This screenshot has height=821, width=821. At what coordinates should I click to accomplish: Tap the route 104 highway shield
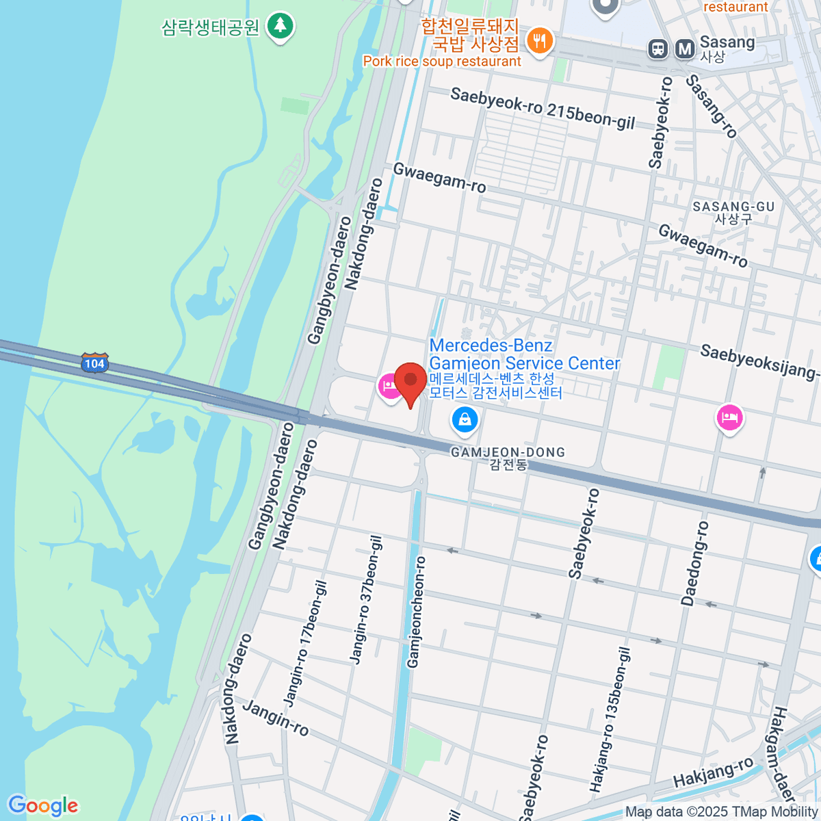point(94,363)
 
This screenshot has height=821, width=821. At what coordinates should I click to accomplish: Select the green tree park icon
point(280,26)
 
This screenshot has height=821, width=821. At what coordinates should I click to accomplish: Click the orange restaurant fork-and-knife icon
point(540,40)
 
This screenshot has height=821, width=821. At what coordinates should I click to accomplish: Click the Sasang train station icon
point(658,49)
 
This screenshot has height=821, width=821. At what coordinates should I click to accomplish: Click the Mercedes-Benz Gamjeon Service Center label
point(524,354)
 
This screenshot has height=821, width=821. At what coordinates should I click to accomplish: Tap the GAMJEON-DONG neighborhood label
point(508,452)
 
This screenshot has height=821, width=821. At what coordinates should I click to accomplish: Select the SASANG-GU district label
point(733,207)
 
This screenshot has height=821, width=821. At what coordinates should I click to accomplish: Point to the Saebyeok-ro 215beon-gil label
point(543,108)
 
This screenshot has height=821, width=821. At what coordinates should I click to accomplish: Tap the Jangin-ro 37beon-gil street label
point(366,599)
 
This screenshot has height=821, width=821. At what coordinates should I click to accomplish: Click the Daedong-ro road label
point(694,563)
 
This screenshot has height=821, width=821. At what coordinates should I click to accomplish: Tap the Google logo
point(42,806)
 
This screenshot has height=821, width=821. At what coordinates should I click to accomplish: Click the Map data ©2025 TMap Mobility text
point(721,812)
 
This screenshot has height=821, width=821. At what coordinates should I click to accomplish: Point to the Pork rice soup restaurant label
point(442,62)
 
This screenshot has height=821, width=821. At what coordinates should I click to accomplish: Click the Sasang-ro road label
point(712,106)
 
